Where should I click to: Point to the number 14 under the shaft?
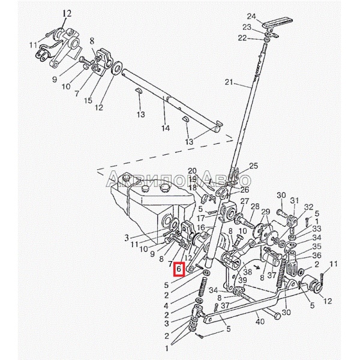(x=166, y=128)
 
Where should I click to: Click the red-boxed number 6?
(x=179, y=270)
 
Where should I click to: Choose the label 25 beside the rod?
(x=253, y=166)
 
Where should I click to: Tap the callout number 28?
(x=255, y=207)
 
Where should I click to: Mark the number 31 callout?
(x=294, y=200)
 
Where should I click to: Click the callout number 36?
(x=317, y=255)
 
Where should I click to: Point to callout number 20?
(x=193, y=171)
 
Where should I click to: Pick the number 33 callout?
(x=317, y=229)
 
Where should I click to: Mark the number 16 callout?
(x=201, y=228)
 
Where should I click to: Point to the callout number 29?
(x=266, y=211)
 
